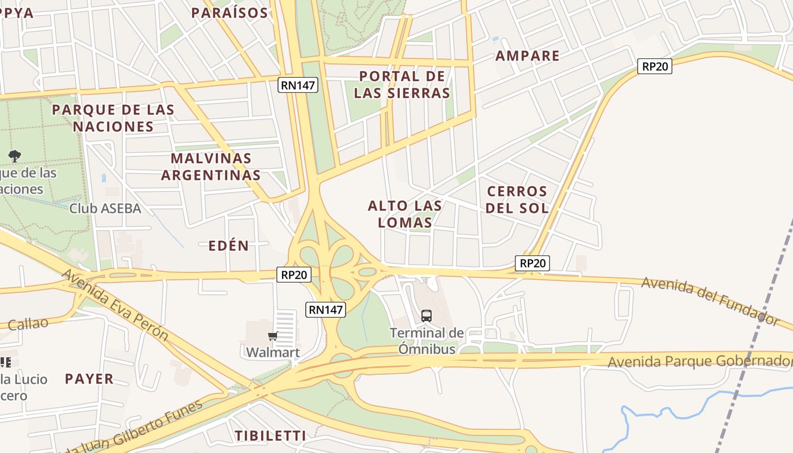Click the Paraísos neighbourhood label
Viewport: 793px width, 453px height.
click(229, 12)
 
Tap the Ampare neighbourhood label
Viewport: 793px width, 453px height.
click(527, 55)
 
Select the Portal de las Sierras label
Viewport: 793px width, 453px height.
click(402, 84)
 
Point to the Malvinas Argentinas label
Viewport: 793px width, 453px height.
click(211, 166)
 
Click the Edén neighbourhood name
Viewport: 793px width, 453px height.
click(229, 245)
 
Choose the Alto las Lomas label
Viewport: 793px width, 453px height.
click(405, 213)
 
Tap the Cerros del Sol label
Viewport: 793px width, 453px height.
click(517, 199)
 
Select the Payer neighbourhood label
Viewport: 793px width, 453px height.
click(89, 379)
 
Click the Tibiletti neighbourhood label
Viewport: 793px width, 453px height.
click(270, 435)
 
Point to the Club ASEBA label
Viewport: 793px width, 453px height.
click(105, 208)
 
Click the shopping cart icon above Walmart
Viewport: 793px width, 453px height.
click(273, 336)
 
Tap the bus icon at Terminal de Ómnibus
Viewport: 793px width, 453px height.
click(427, 315)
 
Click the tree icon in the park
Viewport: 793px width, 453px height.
click(15, 156)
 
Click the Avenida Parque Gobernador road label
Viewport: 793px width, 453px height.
click(700, 361)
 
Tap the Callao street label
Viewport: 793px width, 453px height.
click(28, 323)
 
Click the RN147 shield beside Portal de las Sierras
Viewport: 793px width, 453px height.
click(298, 85)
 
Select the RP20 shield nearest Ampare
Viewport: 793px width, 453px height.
click(654, 66)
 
